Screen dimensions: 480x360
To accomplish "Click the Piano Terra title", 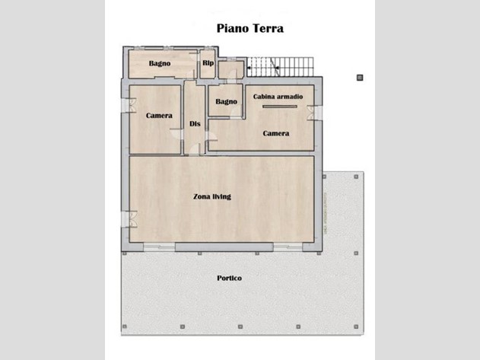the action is click(x=250, y=28).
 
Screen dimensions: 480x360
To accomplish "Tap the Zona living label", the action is click(x=211, y=196).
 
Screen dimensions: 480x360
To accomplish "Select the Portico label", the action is click(x=229, y=279).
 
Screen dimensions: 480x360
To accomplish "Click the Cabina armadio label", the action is click(x=278, y=97).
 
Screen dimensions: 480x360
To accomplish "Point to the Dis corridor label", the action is click(x=195, y=124).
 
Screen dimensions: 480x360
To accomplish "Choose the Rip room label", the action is click(x=208, y=63).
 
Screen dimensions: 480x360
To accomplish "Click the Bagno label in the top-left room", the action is click(x=160, y=63).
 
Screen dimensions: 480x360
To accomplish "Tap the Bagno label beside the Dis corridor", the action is click(x=226, y=101).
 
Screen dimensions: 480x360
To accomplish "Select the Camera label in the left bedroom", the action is click(x=159, y=116).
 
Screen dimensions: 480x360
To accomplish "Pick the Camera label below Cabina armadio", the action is click(x=276, y=133).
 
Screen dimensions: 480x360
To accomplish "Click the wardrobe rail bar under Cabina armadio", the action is click(x=280, y=107).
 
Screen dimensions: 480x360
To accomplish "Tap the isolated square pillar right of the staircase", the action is click(x=360, y=78).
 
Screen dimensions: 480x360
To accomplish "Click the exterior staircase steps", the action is click(x=281, y=67).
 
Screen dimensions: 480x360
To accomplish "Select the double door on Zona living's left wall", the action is click(x=129, y=219).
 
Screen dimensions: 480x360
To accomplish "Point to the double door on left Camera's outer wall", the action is click(x=129, y=105).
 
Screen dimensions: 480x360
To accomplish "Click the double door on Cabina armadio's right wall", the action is click(x=315, y=113).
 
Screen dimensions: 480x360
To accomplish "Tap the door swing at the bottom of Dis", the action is click(x=195, y=149).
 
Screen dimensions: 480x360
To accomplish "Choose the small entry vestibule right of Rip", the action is click(x=231, y=70).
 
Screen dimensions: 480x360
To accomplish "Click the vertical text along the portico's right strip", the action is click(x=326, y=214).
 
